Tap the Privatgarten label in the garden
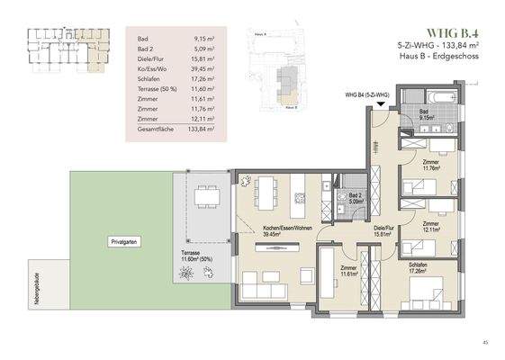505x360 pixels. [123, 243]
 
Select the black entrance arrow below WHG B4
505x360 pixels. [382, 104]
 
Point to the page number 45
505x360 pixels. [486, 342]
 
